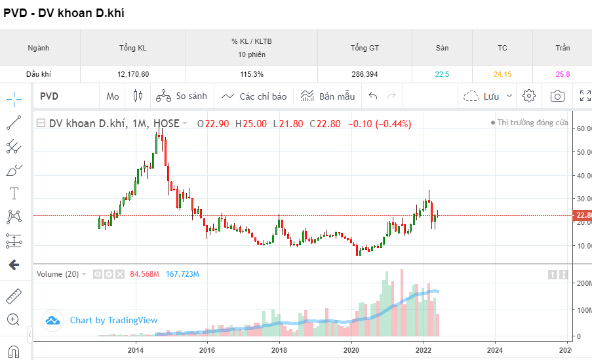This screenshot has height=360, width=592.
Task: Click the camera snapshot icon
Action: coord(557,96)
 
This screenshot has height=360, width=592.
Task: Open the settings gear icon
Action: coord(529,96)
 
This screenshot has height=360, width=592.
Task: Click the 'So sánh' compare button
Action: coord(182,96)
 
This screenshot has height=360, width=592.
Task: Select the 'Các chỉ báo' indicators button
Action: coord(254,96)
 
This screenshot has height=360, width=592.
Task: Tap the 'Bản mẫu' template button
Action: coord(328,96)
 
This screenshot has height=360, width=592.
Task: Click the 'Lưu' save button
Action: coord(488,96)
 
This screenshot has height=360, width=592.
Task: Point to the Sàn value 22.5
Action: coord(442,74)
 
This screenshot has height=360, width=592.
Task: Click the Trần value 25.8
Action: coord(562,74)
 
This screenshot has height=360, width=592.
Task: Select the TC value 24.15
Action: coord(502,74)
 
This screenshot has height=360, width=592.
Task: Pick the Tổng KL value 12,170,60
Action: coord(133,74)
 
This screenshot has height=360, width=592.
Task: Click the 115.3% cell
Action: coord(252,74)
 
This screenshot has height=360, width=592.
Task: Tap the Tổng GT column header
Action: coord(365,48)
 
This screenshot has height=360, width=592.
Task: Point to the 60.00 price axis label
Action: coord(581,129)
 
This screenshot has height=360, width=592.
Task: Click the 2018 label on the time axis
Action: coord(279,350)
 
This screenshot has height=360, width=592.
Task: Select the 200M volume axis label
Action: coord(582,283)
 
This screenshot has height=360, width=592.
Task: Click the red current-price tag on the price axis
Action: coord(582,215)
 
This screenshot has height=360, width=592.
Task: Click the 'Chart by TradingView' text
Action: coord(113,320)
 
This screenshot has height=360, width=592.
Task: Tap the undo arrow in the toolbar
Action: coord(373,96)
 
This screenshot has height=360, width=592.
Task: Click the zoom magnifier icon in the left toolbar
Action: coord(14,319)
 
